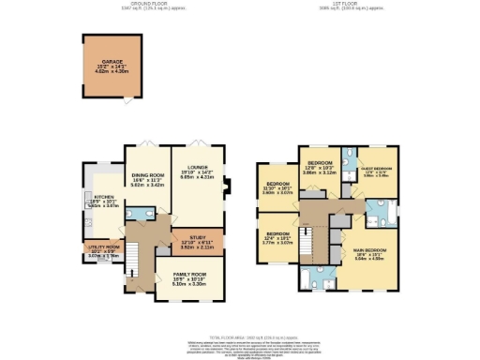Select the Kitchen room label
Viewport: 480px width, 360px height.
97,202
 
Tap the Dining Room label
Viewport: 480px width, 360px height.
147,180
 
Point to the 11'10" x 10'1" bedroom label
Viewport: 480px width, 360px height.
277,187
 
